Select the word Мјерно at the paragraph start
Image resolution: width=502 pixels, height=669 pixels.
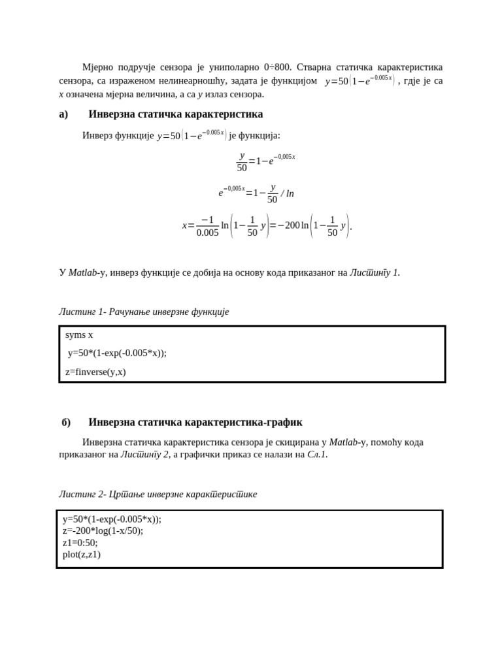98,67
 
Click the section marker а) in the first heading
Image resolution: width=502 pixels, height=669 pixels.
63,114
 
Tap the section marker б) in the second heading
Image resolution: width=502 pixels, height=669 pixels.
66,423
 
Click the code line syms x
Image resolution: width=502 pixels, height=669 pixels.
79,335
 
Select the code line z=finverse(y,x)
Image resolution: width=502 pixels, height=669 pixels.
95,372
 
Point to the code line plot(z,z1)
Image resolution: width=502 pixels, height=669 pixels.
82,555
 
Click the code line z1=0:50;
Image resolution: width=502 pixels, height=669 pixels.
80,543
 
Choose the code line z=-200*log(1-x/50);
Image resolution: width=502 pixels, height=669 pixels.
103,531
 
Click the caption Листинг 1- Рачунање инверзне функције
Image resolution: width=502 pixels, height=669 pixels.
144,312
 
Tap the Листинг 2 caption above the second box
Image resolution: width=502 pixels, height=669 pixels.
158,495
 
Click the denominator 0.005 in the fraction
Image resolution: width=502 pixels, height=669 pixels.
207,233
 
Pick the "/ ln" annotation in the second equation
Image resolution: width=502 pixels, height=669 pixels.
288,193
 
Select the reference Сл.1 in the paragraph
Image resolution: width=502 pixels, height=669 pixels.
316,455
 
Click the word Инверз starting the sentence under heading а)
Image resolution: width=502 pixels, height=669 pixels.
98,135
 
